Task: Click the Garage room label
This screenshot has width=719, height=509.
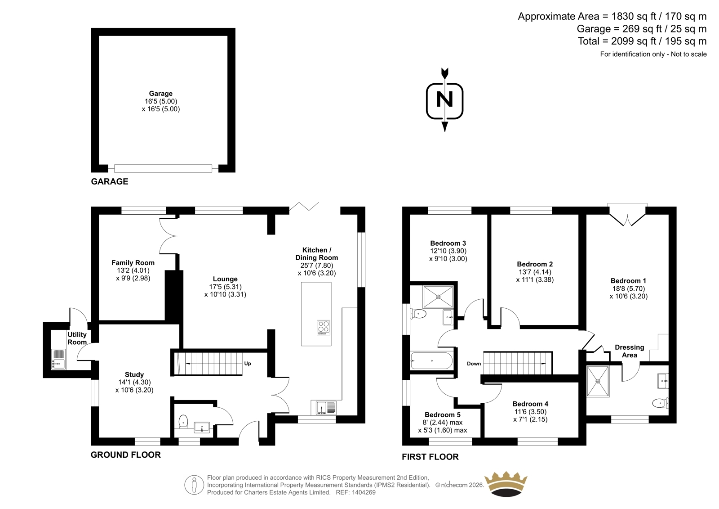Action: (x=161, y=94)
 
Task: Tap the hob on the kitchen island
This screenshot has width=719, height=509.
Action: (x=324, y=327)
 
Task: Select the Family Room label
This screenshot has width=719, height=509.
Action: (x=133, y=263)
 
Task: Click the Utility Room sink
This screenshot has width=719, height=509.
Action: (x=58, y=359)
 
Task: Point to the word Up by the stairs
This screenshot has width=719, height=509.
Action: (x=248, y=364)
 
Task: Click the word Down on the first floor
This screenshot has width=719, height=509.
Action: (x=474, y=364)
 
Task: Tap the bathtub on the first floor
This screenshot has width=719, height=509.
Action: (x=431, y=360)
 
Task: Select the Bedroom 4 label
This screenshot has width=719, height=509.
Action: (x=530, y=404)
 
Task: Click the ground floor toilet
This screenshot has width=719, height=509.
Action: (x=183, y=421)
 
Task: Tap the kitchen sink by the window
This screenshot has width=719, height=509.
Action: (x=324, y=408)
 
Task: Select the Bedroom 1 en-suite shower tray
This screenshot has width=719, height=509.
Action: (x=598, y=381)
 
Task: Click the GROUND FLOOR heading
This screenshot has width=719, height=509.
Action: (x=125, y=455)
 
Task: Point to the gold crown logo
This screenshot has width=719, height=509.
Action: (x=506, y=484)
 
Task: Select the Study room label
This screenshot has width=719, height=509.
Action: (x=134, y=374)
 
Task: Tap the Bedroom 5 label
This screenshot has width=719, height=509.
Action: (x=443, y=414)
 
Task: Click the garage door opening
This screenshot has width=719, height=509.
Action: (x=163, y=169)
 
